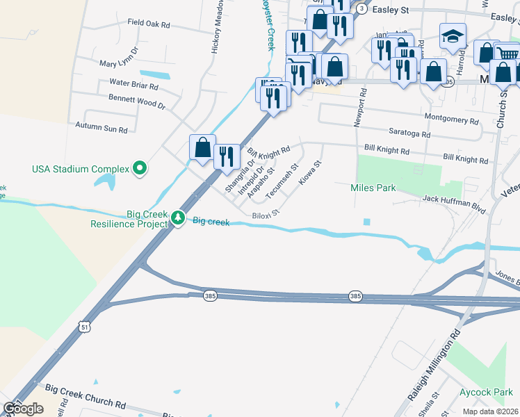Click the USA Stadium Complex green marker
pyautogui.click(x=140, y=167)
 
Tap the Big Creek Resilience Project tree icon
pyautogui.click(x=178, y=218)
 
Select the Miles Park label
pyautogui.click(x=373, y=188)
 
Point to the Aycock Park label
pyautogui.click(x=486, y=393)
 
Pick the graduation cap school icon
pyautogui.click(x=453, y=36)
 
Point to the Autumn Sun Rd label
pyautogui.click(x=101, y=129)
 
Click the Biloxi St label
pyautogui.click(x=265, y=214)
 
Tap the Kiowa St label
pyautogui.click(x=309, y=173)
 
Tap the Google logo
pyautogui.click(x=22, y=409)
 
